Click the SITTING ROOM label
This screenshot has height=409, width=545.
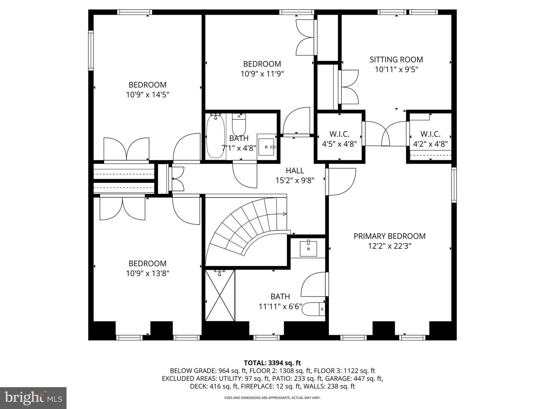[396, 59]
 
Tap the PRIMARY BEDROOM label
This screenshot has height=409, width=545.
[389, 236]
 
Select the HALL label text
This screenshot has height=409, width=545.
[295, 171]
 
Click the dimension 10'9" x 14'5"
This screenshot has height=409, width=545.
[147, 95]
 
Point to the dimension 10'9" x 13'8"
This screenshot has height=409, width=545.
[147, 273]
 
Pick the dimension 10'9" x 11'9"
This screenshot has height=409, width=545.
[262, 74]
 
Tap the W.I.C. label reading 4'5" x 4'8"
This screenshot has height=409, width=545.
[339, 139]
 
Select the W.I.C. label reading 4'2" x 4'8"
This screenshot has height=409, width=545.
[430, 139]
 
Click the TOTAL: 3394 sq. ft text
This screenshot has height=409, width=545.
[272, 363]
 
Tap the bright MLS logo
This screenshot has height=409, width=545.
[33, 398]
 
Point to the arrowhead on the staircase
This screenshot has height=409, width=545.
[284, 214]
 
